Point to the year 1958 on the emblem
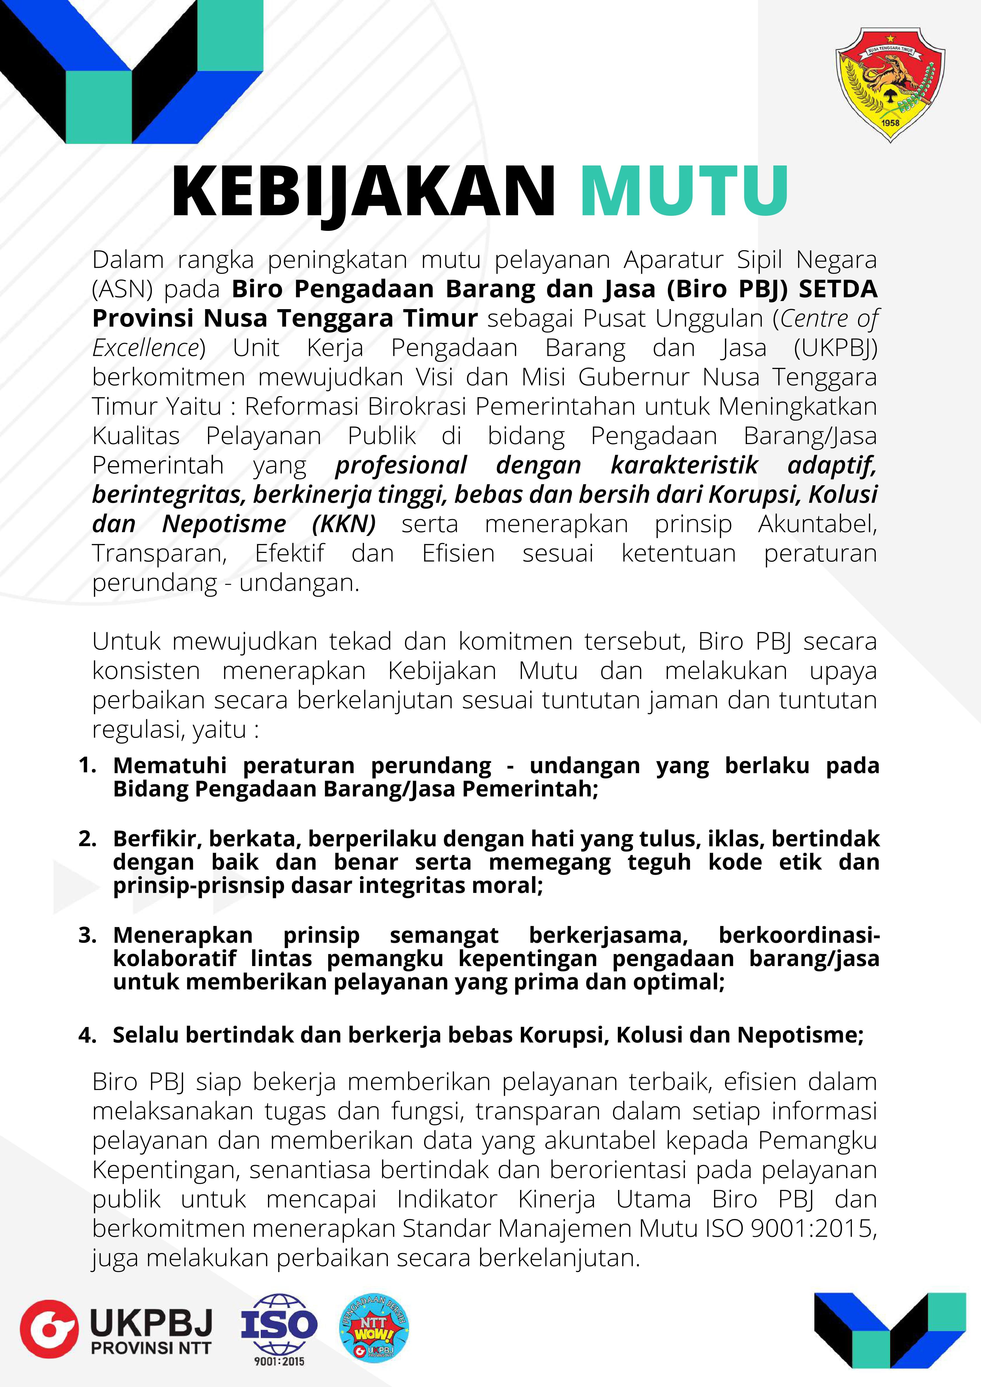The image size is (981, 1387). point(890,123)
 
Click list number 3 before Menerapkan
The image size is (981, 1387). point(87,935)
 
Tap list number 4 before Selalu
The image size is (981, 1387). point(87,1035)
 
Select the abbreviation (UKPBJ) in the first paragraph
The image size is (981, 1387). point(835,348)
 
